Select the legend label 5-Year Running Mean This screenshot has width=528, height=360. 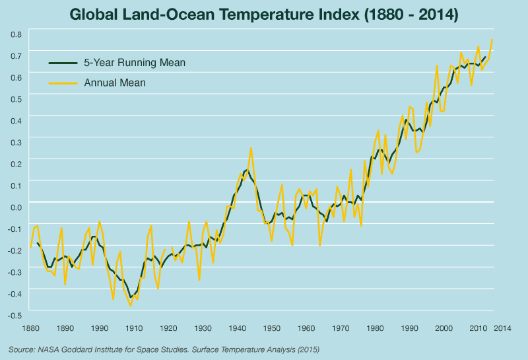135,63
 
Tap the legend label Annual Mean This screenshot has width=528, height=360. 115,83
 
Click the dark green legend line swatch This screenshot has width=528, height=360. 63,63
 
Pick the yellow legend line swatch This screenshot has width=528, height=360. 63,83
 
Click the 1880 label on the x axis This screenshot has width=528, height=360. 30,328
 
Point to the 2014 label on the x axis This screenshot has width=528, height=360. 502,328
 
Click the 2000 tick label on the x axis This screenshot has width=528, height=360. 444,328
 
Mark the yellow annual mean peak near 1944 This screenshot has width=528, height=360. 251,148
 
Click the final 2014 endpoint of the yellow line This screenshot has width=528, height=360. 492,40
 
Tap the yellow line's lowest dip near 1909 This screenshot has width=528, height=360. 130,306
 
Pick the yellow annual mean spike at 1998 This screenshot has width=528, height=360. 437,65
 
